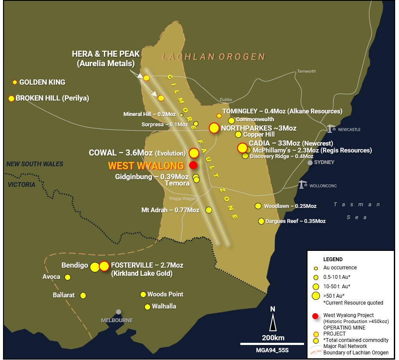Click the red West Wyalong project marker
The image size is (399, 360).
[193, 165]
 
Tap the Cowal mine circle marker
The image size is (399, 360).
[194, 153]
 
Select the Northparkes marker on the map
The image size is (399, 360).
[214, 128]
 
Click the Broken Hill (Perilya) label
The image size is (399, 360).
[52, 98]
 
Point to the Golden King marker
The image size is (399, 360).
[15, 82]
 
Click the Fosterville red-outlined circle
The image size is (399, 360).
[104, 266]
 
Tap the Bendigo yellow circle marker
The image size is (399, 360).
[95, 267]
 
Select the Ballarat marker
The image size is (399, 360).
[83, 295]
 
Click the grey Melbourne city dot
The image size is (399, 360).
[119, 312]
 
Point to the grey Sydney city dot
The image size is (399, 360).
[310, 162]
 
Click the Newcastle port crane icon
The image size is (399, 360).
[330, 128]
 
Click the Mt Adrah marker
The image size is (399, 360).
[209, 210]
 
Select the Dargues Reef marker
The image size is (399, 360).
[261, 221]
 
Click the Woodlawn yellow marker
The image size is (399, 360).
[258, 206]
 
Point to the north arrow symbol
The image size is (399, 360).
[273, 322]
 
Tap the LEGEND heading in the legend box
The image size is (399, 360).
[333, 259]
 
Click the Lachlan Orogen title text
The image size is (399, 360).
[213, 57]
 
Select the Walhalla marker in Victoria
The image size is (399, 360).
[148, 307]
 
